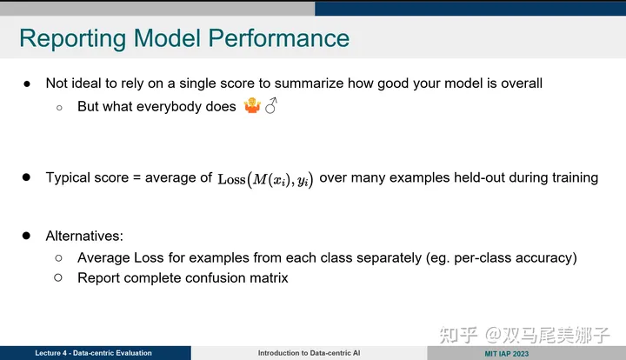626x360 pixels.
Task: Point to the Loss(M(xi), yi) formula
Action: [x=265, y=178]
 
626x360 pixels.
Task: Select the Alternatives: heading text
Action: [x=84, y=236]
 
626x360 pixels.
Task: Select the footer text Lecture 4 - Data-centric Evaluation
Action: [x=93, y=353]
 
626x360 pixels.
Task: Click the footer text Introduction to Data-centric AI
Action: [x=309, y=353]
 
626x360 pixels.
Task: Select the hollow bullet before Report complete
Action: [x=59, y=278]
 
